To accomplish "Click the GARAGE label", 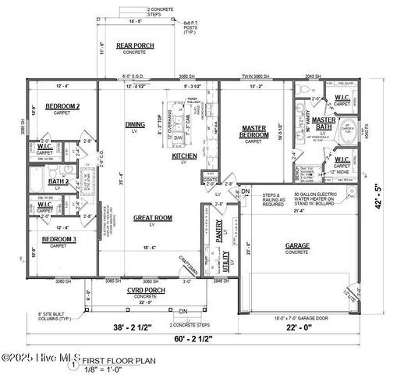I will click(x=297, y=246).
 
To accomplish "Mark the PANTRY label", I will click(x=220, y=234).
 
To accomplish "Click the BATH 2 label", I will click(x=58, y=181).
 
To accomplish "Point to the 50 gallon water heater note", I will click(x=318, y=198).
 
